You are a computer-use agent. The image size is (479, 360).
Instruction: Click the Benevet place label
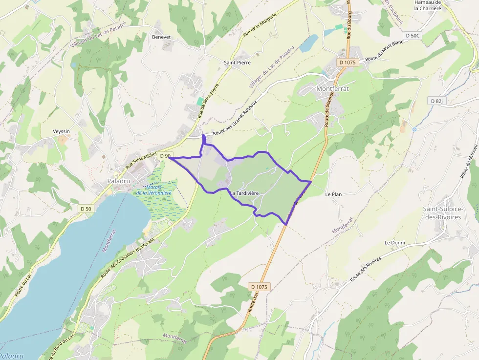(161, 37)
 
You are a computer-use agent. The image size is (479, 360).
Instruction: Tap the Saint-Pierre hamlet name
(237, 63)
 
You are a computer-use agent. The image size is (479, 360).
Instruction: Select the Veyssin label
(62, 131)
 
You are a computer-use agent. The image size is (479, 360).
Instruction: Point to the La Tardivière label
(244, 193)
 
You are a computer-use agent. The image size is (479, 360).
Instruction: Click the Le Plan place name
(333, 194)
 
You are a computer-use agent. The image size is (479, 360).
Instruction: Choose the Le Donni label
(394, 243)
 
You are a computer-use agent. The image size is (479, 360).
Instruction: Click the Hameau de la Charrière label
(428, 5)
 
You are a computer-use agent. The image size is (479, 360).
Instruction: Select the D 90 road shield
(165, 156)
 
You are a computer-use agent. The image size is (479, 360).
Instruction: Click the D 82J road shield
(436, 101)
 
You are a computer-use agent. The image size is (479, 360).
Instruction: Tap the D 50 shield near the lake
(85, 209)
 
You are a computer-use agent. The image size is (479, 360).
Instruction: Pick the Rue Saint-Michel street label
(141, 161)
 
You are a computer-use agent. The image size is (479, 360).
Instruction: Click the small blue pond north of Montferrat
(308, 43)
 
